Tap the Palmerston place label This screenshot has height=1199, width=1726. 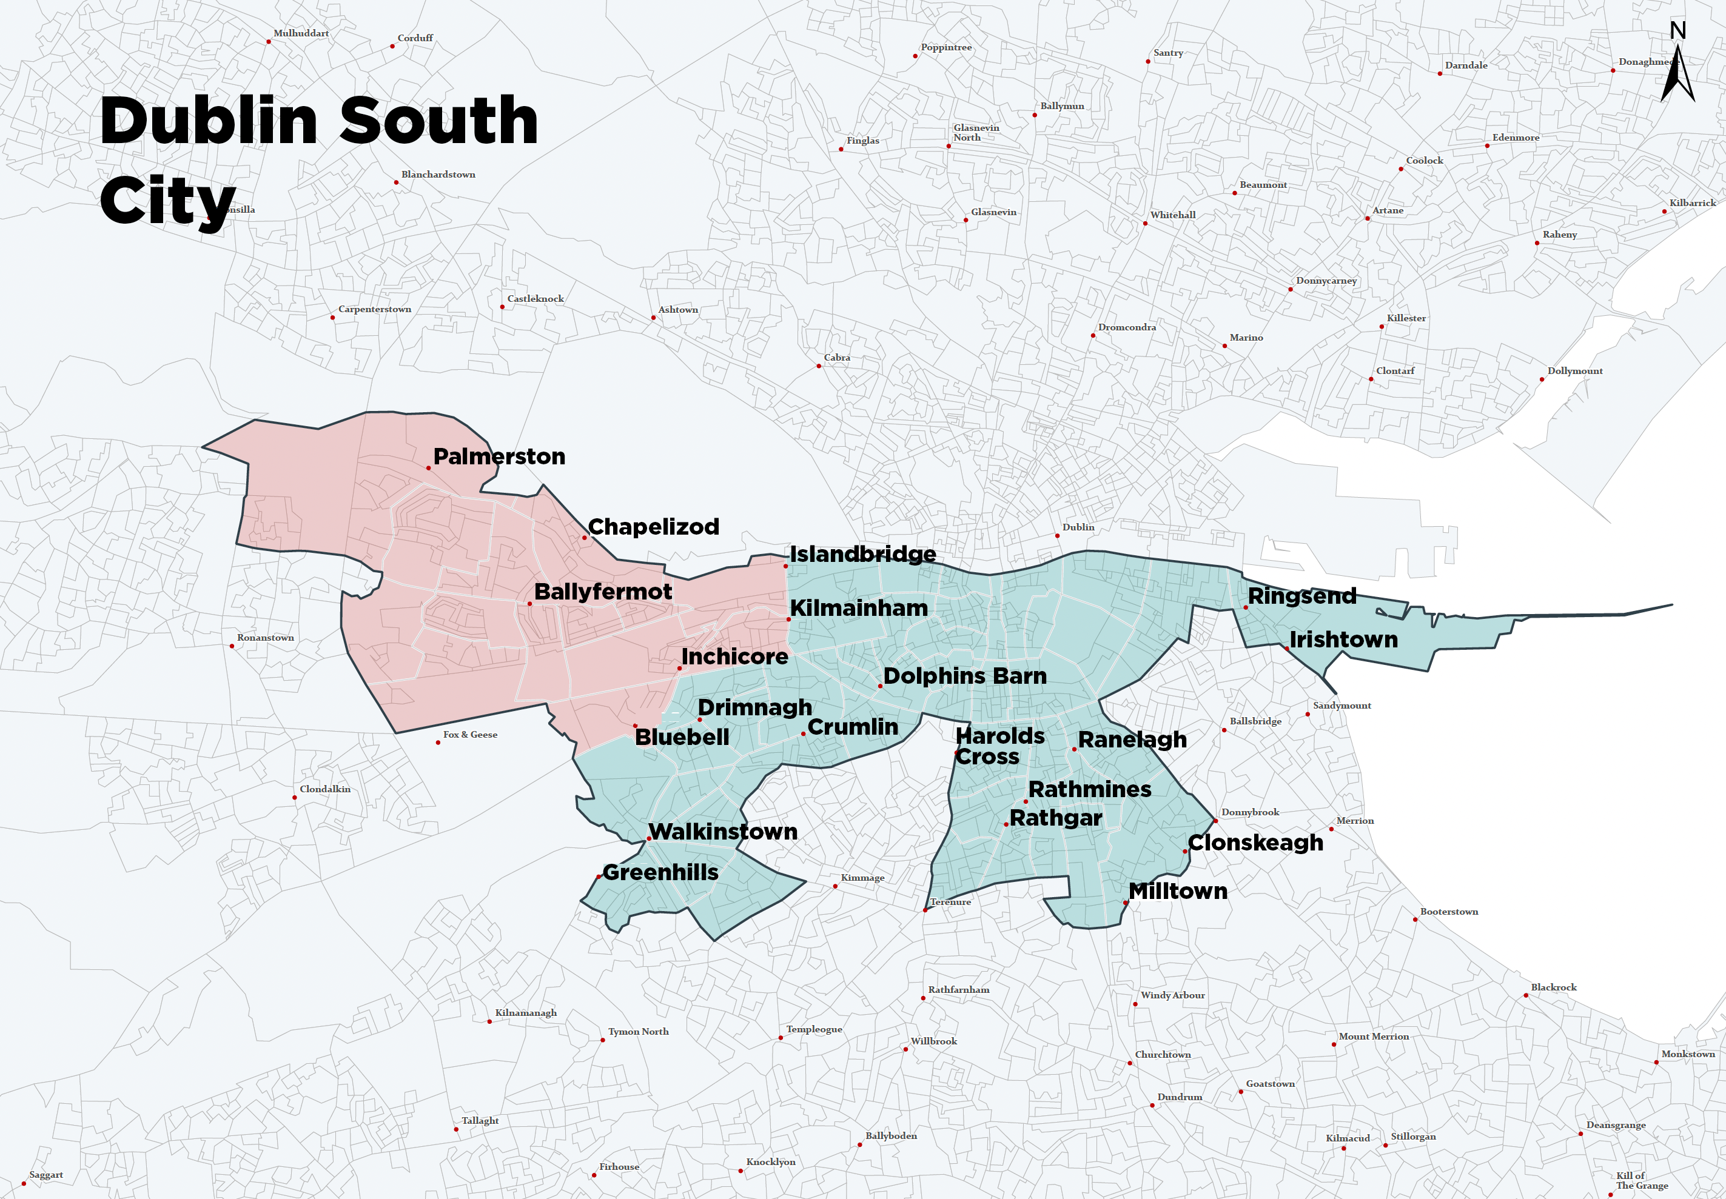coord(499,457)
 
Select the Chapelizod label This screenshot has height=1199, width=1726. coord(653,527)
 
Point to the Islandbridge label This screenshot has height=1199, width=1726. coord(862,555)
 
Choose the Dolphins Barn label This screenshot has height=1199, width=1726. coord(965,676)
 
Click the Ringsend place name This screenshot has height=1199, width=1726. coord(1302,596)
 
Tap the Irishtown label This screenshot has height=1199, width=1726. coord(1343,640)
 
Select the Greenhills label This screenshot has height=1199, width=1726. coord(660,873)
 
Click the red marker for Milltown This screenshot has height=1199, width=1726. coord(1126,903)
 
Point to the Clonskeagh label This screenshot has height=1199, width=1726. coord(1255,843)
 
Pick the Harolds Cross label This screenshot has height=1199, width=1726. coord(999,746)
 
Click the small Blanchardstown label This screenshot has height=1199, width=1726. coord(438,175)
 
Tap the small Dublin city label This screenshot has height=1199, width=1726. coord(1078,527)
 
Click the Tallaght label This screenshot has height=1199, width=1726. coord(479,1121)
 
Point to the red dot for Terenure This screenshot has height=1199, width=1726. coord(925,910)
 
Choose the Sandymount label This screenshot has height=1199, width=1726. coord(1342,706)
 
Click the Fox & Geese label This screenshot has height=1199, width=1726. coord(469,735)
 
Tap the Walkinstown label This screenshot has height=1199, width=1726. coord(723,832)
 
